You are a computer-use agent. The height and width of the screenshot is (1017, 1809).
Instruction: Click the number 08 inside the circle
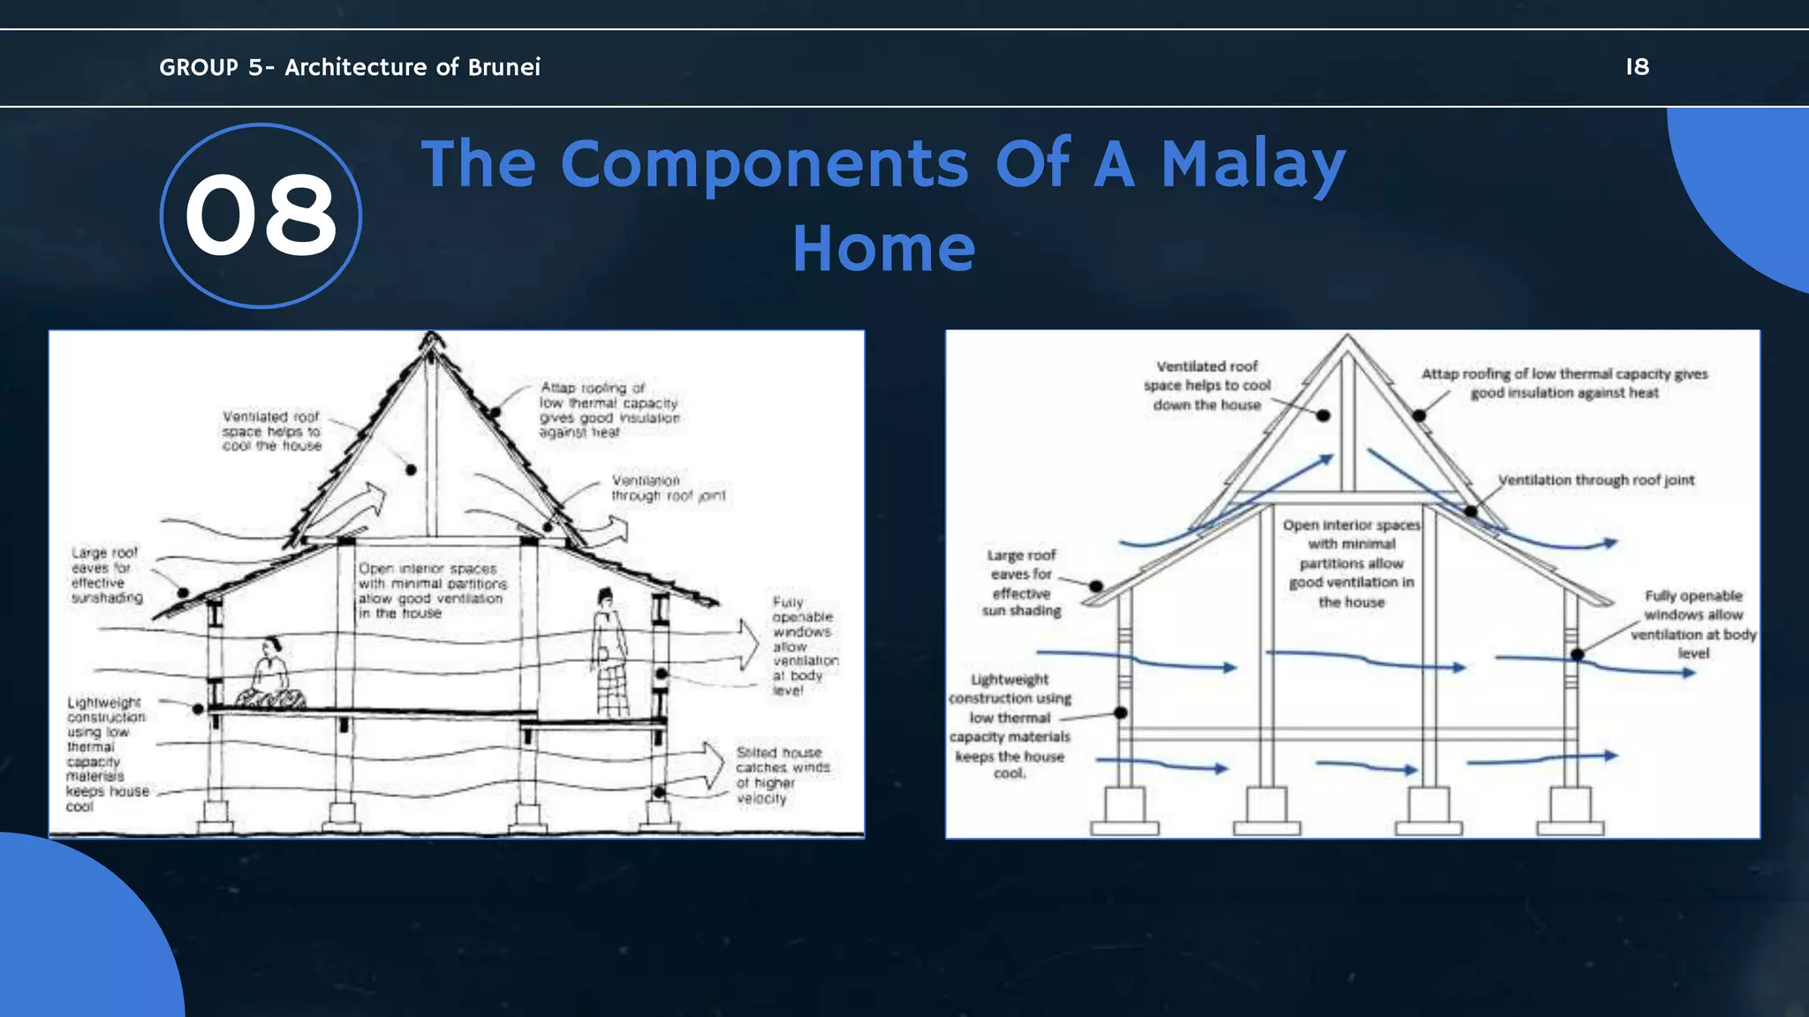click(x=261, y=215)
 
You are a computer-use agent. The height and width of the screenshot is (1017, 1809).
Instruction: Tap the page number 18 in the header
click(x=1637, y=67)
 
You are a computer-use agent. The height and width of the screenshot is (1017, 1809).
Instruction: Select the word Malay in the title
click(x=1253, y=164)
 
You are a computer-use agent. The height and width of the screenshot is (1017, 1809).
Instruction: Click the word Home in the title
click(x=883, y=248)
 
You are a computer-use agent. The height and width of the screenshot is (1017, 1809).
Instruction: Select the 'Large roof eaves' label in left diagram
click(x=105, y=575)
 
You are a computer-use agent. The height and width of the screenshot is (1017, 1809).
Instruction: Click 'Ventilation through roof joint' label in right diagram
click(x=1595, y=480)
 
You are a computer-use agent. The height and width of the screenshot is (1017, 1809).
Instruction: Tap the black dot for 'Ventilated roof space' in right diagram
click(x=1323, y=416)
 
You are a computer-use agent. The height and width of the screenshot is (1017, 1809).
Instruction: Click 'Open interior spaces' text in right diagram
click(x=1351, y=562)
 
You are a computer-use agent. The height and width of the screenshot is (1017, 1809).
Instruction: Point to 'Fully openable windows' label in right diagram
click(x=1692, y=623)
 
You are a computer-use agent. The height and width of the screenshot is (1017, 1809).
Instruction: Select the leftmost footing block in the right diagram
click(x=1124, y=811)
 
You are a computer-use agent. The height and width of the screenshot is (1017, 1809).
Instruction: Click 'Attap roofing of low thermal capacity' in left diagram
click(x=609, y=410)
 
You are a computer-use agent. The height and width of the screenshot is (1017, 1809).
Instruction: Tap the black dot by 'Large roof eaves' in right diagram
click(x=1095, y=586)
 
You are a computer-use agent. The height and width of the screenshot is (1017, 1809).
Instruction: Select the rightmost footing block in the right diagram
click(x=1571, y=811)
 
